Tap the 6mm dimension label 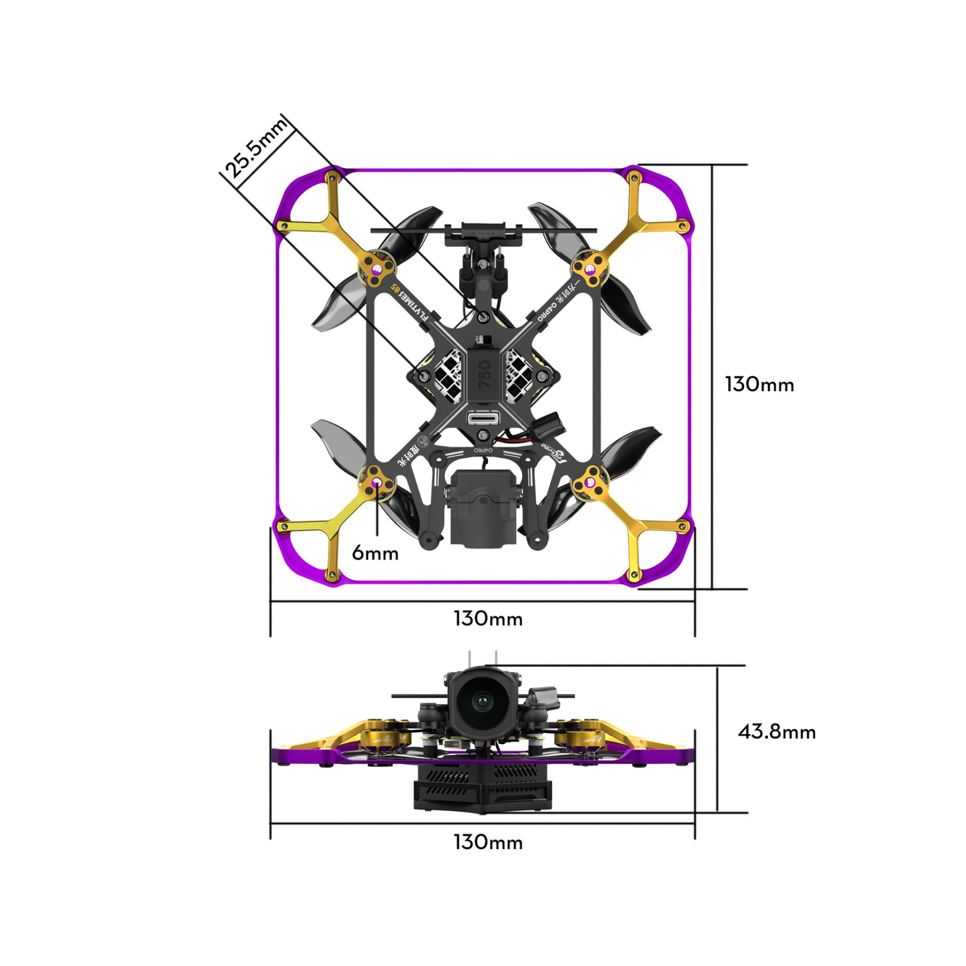point(375,554)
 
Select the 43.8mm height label point(776,732)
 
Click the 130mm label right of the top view point(759,384)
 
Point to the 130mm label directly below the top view point(488,619)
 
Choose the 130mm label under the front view point(488,842)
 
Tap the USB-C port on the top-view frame point(484,419)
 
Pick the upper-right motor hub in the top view point(590,269)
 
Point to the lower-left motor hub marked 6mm point(377,483)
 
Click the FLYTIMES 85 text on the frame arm point(409,302)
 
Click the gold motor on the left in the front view point(378,737)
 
